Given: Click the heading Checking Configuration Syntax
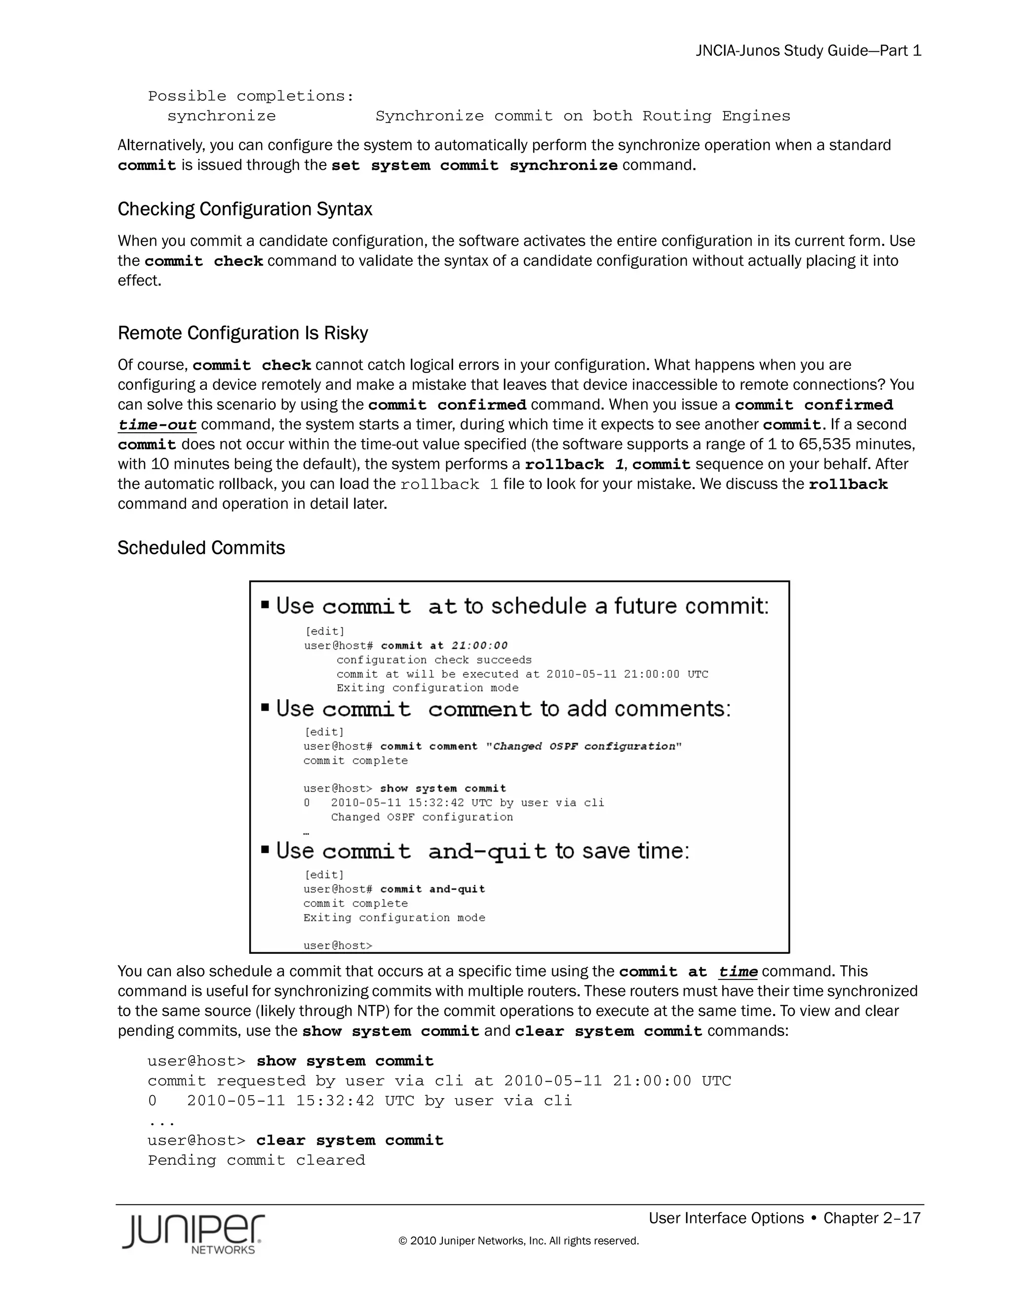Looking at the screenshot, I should tap(244, 209).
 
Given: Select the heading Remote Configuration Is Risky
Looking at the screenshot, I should tap(242, 333).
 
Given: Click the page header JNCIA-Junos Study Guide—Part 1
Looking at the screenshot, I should tap(808, 51).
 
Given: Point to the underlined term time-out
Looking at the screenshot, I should tap(157, 425).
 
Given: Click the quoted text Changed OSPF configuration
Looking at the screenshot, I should tap(583, 746).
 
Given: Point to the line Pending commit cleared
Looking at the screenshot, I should tap(256, 1160).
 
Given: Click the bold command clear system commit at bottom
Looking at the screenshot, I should tap(350, 1140).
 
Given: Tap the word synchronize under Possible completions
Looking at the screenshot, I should tap(221, 116).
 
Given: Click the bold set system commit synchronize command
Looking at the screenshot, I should tap(474, 165).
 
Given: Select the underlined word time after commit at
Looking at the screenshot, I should tap(738, 972).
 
